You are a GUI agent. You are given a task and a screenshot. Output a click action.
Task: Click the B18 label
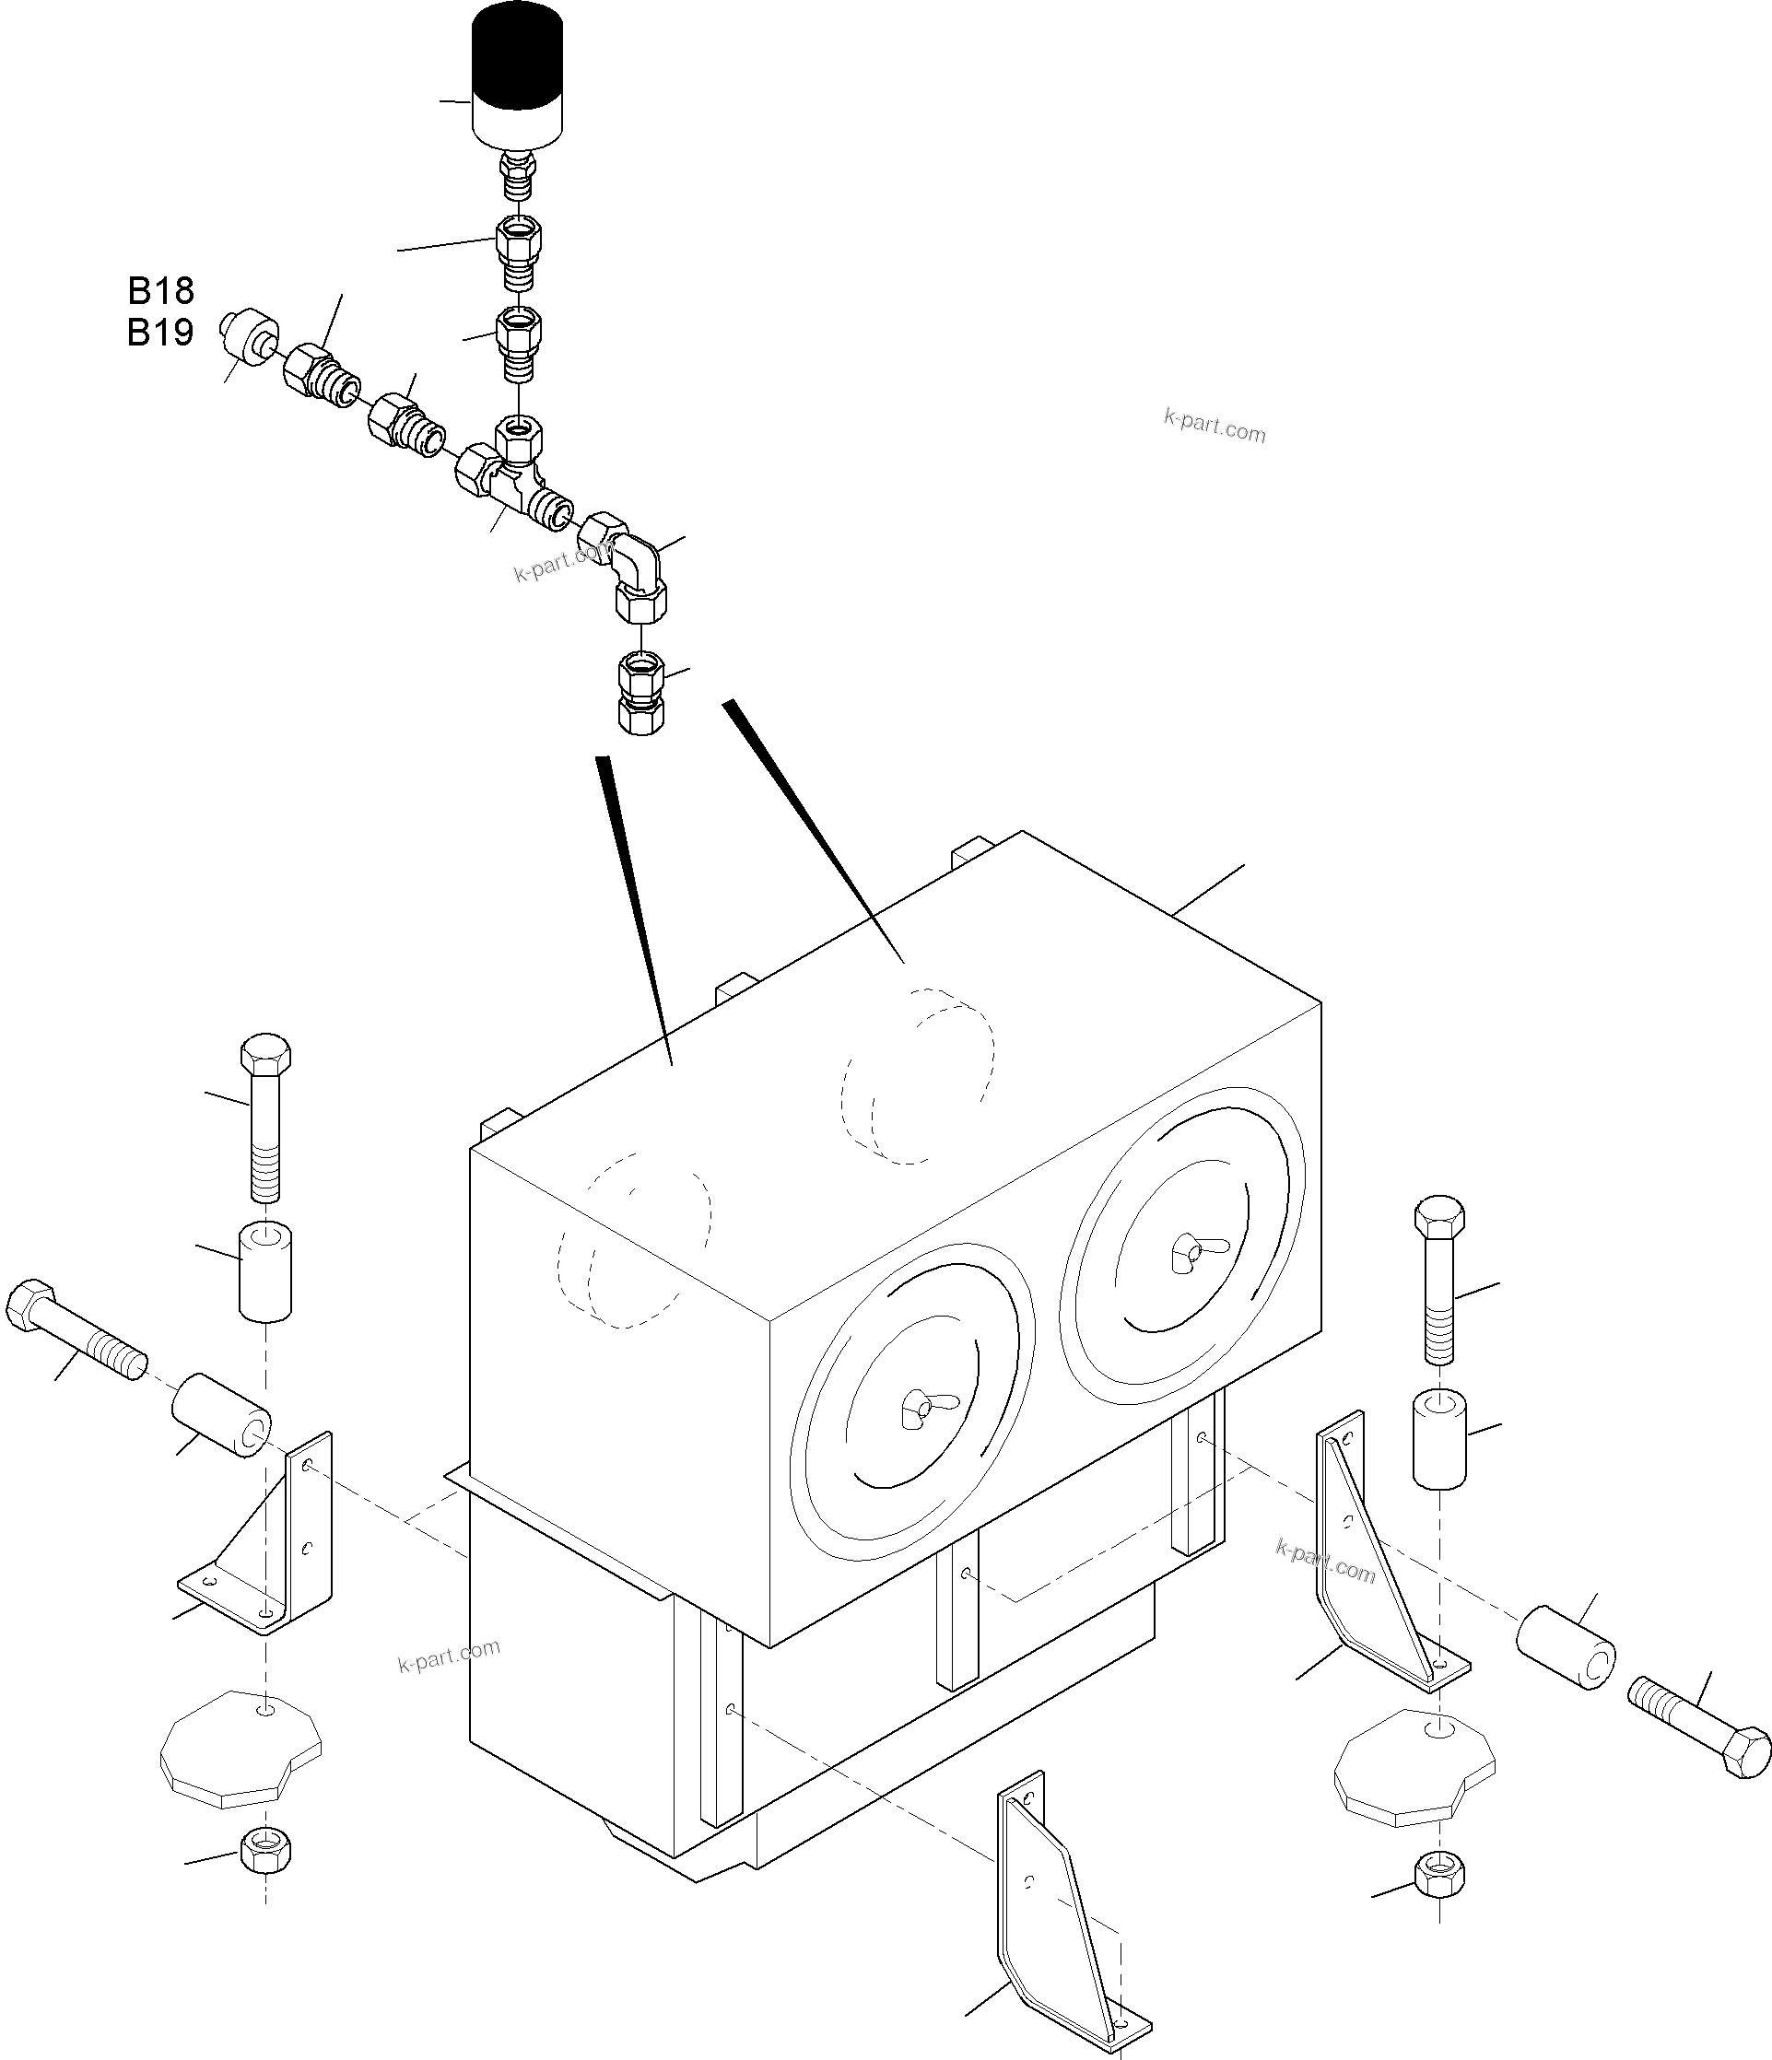click(x=160, y=290)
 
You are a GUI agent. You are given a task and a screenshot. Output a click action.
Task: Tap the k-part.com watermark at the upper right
click(x=1215, y=428)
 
